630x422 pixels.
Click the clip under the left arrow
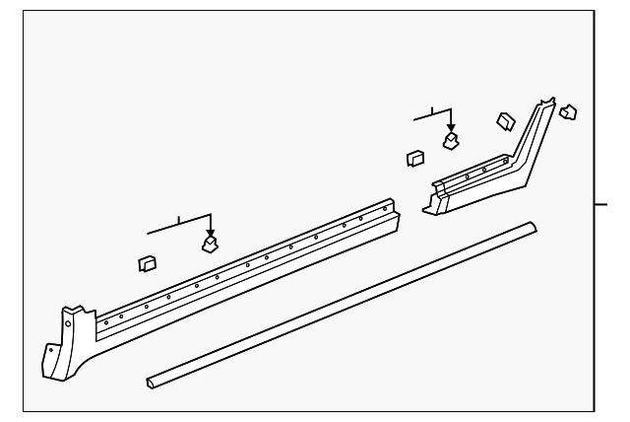coord(210,243)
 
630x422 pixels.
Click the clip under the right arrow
coord(451,140)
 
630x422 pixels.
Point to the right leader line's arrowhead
coord(451,128)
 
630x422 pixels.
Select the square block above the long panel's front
coord(148,262)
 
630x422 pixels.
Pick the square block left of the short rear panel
coord(414,157)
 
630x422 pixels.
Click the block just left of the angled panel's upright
coord(505,120)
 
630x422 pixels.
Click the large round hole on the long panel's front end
coord(67,319)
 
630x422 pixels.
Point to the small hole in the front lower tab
coord(49,352)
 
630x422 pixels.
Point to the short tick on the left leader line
coord(178,218)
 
